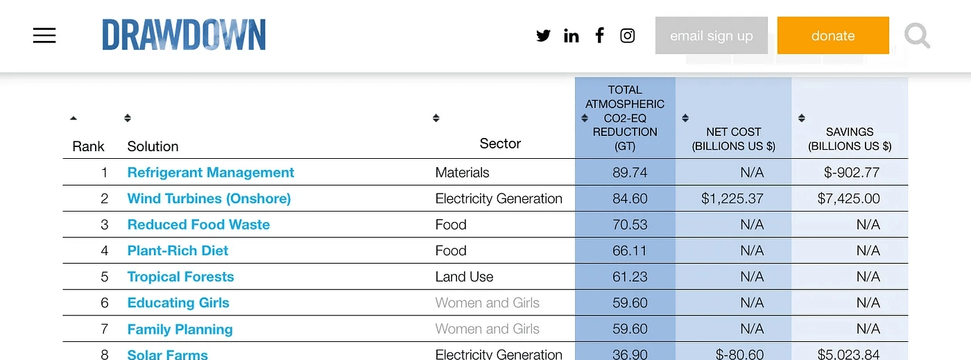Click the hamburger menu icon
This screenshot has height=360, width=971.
pyautogui.click(x=44, y=35)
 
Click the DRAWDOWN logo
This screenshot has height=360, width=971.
pyautogui.click(x=184, y=35)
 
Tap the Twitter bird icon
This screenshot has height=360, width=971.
pyautogui.click(x=543, y=35)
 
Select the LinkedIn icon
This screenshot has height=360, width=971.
pyautogui.click(x=572, y=35)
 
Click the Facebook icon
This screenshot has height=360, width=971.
pyautogui.click(x=600, y=35)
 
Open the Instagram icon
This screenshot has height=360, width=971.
pyautogui.click(x=628, y=35)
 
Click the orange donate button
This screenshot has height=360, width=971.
pyautogui.click(x=833, y=35)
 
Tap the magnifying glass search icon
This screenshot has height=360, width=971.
pyautogui.click(x=917, y=35)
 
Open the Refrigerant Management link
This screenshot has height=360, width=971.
pyautogui.click(x=211, y=173)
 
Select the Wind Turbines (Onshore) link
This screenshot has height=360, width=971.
pyautogui.click(x=209, y=198)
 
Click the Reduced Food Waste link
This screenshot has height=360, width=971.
pyautogui.click(x=198, y=225)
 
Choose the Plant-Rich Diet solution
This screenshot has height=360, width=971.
pyautogui.click(x=178, y=250)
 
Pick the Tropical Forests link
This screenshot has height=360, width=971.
pyautogui.click(x=180, y=277)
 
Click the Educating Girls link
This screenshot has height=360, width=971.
pyautogui.click(x=178, y=303)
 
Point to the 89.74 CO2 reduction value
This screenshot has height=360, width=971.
pyautogui.click(x=630, y=173)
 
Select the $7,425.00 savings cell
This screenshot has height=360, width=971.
pyautogui.click(x=848, y=198)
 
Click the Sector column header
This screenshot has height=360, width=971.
pyautogui.click(x=500, y=144)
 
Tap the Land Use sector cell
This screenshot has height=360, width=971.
pyautogui.click(x=464, y=277)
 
